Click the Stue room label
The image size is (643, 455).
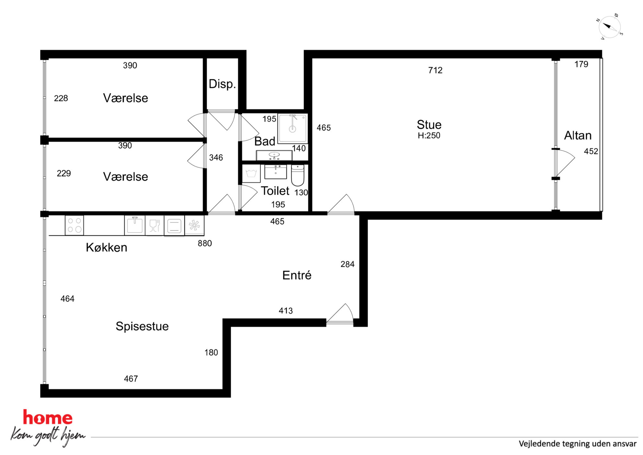(x=429, y=125)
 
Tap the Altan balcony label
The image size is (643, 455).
(x=578, y=136)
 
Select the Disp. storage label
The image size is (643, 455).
(x=222, y=84)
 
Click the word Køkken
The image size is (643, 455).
(x=106, y=247)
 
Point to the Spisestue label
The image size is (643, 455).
(x=142, y=326)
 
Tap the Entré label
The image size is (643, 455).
(x=297, y=275)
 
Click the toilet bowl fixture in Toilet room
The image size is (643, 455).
(x=298, y=175)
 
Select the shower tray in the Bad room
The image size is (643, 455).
(x=292, y=128)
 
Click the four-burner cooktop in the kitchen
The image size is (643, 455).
(x=75, y=225)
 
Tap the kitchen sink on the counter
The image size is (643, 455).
(x=134, y=225)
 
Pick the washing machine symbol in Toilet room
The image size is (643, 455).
(x=251, y=174)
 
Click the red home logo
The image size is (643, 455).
(x=48, y=418)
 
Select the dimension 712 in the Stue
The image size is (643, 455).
(x=435, y=70)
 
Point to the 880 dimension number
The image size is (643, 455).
(x=205, y=244)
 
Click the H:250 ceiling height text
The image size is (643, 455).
(x=429, y=136)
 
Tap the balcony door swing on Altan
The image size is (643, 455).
(x=565, y=163)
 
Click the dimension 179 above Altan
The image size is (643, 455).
(x=581, y=64)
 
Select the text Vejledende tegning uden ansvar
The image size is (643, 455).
(x=578, y=444)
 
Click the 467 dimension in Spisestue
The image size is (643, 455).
(x=131, y=379)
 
